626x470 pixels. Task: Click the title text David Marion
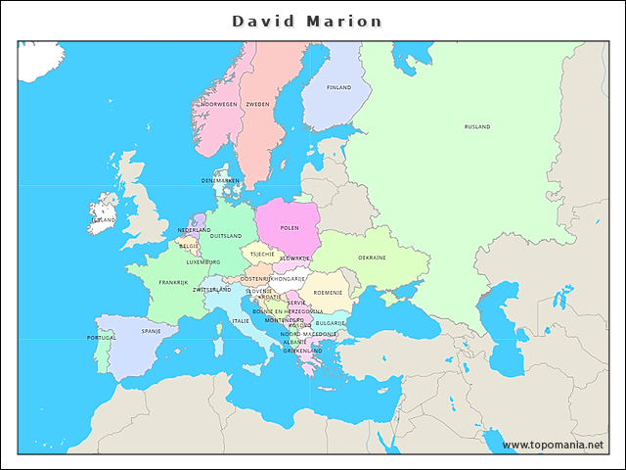pos(307,21)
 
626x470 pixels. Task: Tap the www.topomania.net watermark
pos(553,446)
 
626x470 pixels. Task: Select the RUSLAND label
pos(477,126)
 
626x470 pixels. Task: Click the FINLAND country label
pos(338,87)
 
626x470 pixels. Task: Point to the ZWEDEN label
pos(257,104)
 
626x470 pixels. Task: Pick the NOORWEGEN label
pos(219,104)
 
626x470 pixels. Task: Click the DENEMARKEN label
pos(220,180)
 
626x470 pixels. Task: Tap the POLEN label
pos(290,227)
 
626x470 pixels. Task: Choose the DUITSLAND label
pos(226,236)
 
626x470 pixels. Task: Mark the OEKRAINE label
pos(372,258)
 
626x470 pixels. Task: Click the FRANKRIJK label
pos(173,282)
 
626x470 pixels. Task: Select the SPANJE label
pos(152,331)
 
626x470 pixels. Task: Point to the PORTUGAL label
pos(102,338)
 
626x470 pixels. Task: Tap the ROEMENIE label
pos(328,292)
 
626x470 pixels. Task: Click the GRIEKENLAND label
pos(303,351)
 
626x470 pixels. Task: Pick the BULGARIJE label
pos(331,322)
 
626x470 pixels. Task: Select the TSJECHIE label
pos(262,254)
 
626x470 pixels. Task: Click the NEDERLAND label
pos(194,230)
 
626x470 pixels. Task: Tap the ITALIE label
pos(240,321)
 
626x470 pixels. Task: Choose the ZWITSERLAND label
pos(212,290)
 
